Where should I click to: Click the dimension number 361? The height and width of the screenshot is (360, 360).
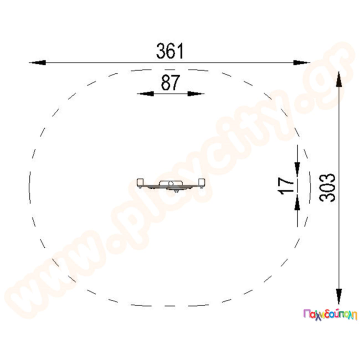click(170, 51)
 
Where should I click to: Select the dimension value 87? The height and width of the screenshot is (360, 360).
click(170, 83)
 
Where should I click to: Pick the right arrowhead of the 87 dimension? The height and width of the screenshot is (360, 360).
click(196, 94)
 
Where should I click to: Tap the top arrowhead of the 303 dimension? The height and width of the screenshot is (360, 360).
click(339, 79)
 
